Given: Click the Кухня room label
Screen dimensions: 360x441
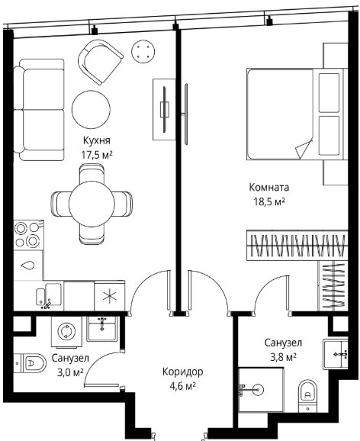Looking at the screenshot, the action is point(96,140).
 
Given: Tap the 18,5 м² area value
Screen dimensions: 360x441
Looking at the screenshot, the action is point(269,201).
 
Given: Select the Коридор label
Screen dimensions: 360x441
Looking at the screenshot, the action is point(182,372).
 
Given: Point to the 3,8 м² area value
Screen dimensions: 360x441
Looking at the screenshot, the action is point(283,357).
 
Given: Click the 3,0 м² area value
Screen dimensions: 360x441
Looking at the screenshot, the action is point(70,372).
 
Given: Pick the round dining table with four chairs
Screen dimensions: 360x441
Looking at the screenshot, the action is point(92,204).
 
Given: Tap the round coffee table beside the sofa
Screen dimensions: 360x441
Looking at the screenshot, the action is point(91,110).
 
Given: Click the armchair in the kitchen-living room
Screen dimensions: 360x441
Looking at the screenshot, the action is point(100,62).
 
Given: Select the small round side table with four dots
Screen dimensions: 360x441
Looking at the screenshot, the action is point(143,51).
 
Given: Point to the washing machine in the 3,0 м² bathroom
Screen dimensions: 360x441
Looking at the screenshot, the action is point(66,331).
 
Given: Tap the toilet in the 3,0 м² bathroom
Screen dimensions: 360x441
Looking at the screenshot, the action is point(30,363).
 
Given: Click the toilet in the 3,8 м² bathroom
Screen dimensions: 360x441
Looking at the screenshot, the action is point(307,396).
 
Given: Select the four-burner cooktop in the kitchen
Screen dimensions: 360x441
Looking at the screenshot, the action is point(29,234).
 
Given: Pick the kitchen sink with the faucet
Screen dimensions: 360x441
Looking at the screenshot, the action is point(49,295).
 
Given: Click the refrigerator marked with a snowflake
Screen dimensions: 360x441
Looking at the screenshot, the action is point(109,296).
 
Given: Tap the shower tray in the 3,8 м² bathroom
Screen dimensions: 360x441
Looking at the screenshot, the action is point(261,390).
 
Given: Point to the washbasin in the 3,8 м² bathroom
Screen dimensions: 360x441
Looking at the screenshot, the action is point(336,353).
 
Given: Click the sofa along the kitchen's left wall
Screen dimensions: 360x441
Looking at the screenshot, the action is point(40,110).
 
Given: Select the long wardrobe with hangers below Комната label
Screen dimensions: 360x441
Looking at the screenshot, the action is point(297,245).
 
